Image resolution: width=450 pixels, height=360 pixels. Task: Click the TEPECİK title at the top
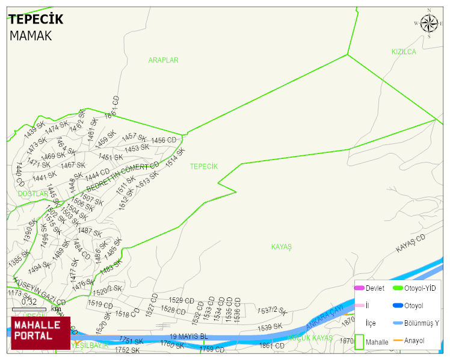tap(35, 20)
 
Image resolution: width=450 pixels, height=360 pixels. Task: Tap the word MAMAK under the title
tap(31, 36)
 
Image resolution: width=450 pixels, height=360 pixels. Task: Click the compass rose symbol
tap(429, 23)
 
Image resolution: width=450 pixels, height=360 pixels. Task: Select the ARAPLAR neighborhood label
tap(163, 60)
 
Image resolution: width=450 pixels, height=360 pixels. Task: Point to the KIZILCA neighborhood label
tap(404, 52)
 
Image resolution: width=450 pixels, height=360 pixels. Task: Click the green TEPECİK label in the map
tap(203, 166)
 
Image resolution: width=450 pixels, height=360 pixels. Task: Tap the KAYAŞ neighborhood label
tap(281, 247)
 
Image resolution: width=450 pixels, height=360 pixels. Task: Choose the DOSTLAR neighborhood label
tap(32, 194)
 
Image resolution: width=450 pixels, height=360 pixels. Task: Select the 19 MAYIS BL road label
tap(188, 337)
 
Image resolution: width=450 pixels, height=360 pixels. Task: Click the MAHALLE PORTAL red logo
tap(40, 333)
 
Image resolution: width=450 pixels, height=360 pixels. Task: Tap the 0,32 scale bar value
tap(29, 302)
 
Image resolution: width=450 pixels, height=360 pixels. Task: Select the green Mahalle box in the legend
tap(359, 341)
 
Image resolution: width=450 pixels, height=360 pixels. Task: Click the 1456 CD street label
tap(164, 140)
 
